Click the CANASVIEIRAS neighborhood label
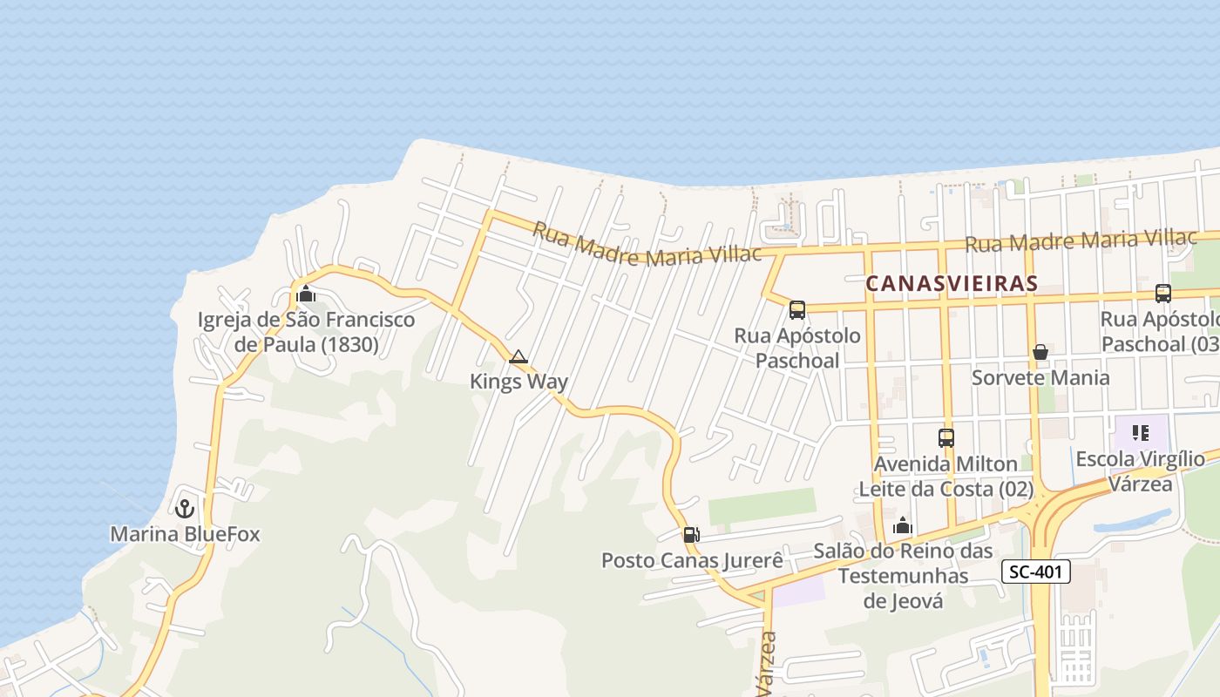pos(952,283)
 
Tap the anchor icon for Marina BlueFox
pos(185,508)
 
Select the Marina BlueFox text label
pos(185,534)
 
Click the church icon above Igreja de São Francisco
pos(306,294)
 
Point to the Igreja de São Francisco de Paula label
pos(307,332)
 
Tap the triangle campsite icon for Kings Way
pos(518,356)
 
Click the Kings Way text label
pos(518,381)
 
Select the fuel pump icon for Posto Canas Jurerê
pos(691,535)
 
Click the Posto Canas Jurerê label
pos(692,560)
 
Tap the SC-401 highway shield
pos(1035,572)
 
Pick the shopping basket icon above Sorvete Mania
pos(1040,352)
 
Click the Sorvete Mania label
pos(1040,377)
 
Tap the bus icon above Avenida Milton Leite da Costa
pos(946,437)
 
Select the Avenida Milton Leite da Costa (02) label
pos(946,477)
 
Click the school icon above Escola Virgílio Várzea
pos(1140,433)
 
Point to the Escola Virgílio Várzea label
pos(1141,470)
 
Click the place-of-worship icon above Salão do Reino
pos(903,525)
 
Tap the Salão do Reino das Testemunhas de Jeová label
pos(903,576)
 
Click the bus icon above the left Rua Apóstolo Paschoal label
pos(797,310)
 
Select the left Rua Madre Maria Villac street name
pos(647,243)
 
